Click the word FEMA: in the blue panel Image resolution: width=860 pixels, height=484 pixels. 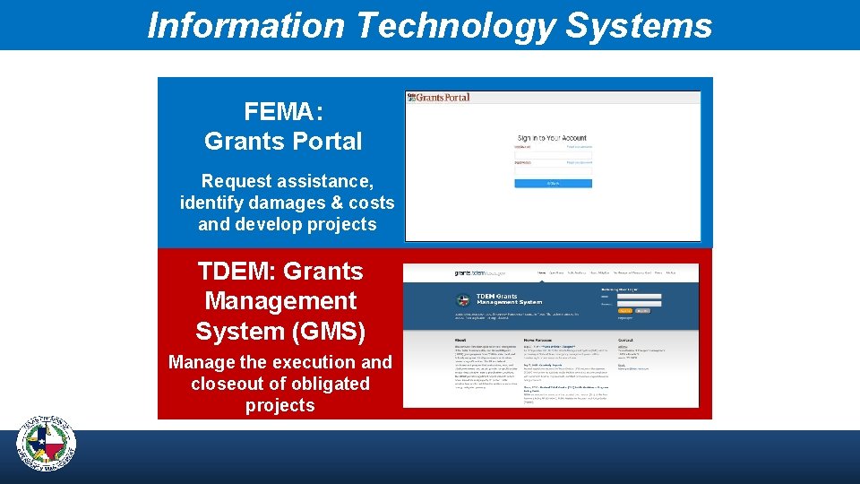tap(283, 112)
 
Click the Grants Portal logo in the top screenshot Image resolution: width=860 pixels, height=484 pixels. tap(439, 97)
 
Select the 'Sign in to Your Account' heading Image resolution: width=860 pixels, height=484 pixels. tap(552, 138)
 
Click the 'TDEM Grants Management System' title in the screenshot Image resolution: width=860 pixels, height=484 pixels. tap(508, 298)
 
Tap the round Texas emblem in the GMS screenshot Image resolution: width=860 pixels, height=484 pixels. tap(464, 300)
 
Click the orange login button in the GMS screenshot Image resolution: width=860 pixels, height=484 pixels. tap(623, 310)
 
